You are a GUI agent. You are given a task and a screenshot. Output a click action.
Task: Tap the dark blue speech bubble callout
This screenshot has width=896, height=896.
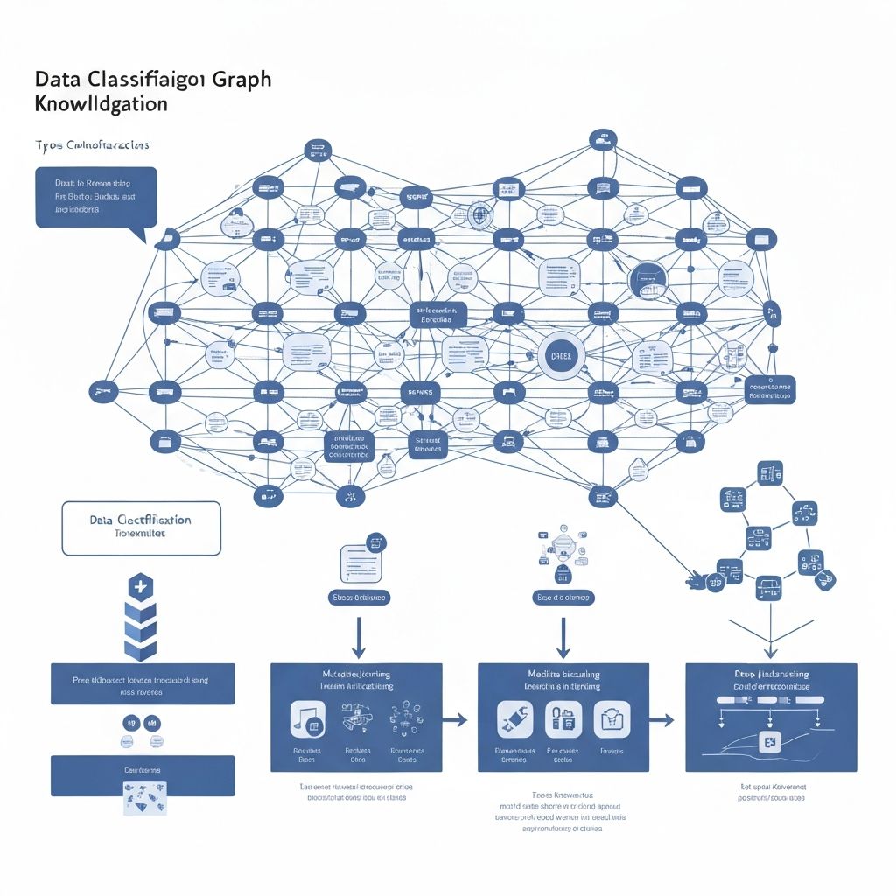point(96,199)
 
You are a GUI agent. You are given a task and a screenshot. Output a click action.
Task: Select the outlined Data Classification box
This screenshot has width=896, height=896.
point(141,528)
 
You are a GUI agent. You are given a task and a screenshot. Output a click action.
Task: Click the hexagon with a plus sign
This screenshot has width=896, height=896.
point(141,586)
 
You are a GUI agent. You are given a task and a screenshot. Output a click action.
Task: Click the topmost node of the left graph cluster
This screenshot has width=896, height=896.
point(317,150)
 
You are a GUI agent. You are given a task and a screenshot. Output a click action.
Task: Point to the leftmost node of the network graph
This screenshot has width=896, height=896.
point(102,391)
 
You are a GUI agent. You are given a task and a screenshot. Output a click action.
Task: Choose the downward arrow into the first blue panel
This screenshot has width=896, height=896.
point(358,637)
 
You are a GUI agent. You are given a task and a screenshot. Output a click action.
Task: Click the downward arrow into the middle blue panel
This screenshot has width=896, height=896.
point(563,637)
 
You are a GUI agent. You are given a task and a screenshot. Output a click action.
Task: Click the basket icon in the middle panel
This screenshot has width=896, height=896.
point(611,719)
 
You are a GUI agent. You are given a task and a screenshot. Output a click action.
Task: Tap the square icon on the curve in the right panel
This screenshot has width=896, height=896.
point(771,743)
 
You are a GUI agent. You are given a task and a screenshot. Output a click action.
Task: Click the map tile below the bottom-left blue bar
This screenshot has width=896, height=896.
point(142,796)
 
